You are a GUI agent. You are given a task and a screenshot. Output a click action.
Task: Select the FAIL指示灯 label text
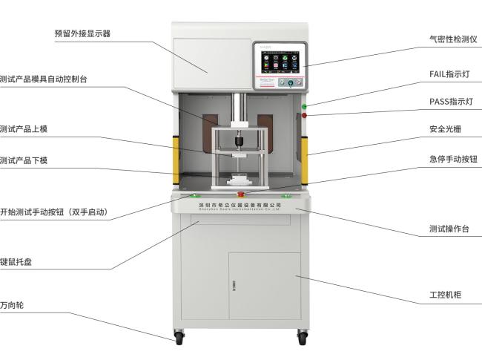(449, 74)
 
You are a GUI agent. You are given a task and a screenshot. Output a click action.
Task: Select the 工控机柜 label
(445, 295)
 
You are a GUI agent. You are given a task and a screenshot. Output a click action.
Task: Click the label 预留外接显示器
(82, 33)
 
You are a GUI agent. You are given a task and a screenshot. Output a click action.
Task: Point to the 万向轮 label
(13, 305)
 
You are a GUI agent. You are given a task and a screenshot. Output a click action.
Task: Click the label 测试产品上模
(24, 128)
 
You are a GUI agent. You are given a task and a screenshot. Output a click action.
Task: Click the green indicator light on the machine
(304, 107)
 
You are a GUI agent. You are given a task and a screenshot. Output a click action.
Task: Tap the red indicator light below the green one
(304, 115)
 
